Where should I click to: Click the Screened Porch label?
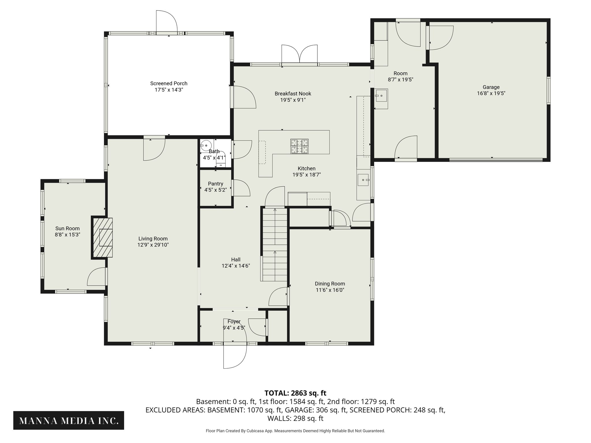click(x=169, y=83)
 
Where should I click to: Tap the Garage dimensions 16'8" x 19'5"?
click(x=491, y=93)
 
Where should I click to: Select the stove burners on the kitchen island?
click(x=299, y=146)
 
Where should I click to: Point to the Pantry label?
click(x=216, y=184)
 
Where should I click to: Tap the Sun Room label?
click(x=68, y=228)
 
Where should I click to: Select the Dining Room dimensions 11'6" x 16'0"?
click(x=330, y=290)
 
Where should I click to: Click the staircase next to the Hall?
click(x=275, y=245)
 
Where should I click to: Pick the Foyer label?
click(x=234, y=322)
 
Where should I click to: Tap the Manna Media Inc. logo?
click(x=69, y=421)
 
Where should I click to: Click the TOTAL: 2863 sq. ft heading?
click(x=295, y=393)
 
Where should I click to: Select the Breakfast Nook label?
click(x=293, y=93)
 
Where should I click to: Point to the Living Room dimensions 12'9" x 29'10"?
click(x=153, y=245)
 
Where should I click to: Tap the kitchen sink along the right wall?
click(x=363, y=180)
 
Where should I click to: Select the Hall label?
click(x=235, y=260)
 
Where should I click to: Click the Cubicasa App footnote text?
click(x=295, y=431)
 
